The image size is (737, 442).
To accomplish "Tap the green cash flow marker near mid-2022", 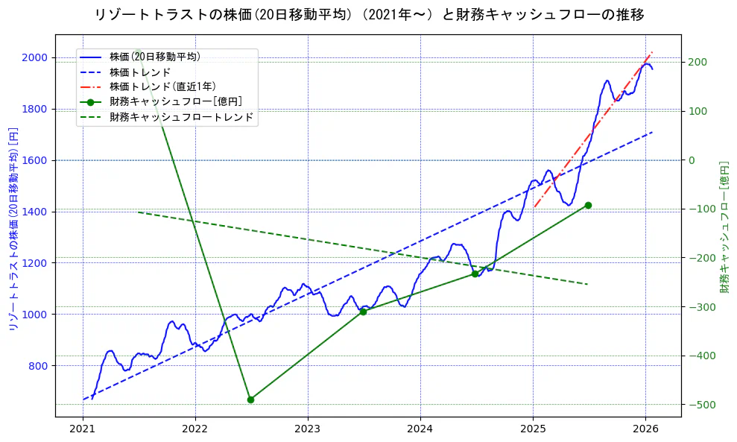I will coord(250,400).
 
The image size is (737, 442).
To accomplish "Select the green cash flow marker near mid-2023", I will coord(363,312).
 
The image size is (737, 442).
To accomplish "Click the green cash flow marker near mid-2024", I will coord(475,274).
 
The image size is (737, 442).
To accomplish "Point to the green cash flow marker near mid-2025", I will coord(588,205).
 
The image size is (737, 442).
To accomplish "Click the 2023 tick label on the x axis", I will coord(308,429).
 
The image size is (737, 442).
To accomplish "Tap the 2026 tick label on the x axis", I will coord(645,429).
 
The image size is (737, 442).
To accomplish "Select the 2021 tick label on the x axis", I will coord(83,429).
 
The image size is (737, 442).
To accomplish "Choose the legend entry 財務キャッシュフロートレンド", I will coord(181,117).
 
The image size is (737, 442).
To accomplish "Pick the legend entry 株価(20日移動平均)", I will coord(154,56).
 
